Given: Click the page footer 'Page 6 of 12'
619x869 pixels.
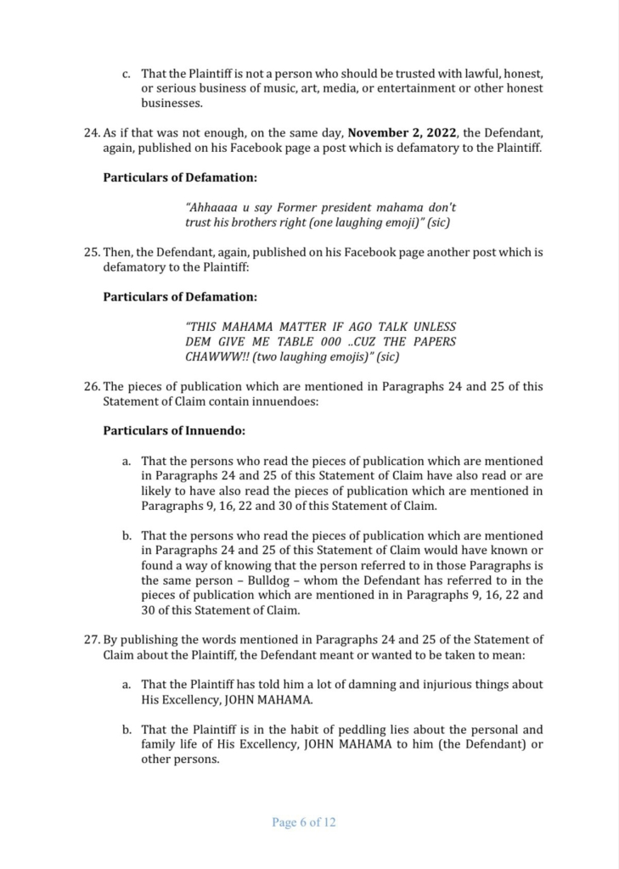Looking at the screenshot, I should (304, 822).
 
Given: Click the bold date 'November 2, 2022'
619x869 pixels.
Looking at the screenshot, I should (401, 132).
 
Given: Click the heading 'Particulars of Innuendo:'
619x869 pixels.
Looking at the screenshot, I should (163, 430).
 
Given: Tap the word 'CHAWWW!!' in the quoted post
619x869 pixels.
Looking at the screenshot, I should (214, 357).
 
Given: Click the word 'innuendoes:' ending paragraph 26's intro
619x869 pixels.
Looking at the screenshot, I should (284, 401).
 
